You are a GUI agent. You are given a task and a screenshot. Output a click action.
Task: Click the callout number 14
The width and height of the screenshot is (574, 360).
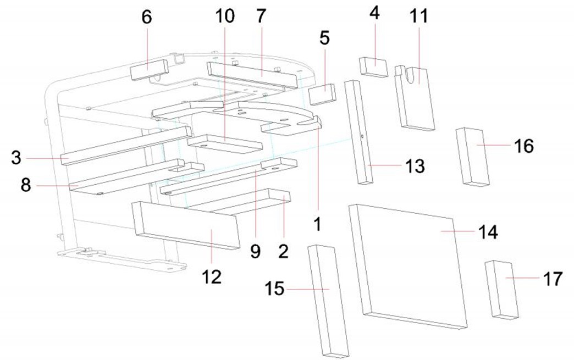pos(487,232)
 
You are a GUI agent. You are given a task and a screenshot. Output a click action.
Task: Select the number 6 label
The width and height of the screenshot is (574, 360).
pos(146,17)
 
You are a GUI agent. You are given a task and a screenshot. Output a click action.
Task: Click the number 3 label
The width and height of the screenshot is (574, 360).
pos(16,158)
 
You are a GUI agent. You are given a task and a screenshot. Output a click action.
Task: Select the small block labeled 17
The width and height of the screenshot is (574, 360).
pos(501,289)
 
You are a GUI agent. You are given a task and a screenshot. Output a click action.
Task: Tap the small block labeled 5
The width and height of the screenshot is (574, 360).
pos(321,93)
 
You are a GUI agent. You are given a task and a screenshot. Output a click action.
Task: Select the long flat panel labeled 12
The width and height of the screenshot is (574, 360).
pos(187,225)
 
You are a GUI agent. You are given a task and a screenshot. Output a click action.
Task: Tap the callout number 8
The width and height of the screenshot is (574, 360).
pos(26,185)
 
